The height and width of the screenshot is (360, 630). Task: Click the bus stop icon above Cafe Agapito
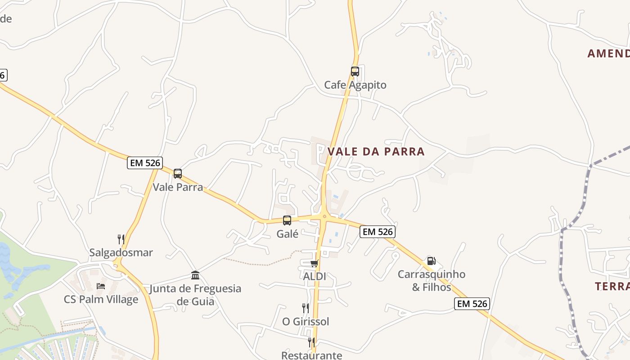pos(355,72)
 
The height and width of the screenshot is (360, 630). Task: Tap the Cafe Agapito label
pos(355,85)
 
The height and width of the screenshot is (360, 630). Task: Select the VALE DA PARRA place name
pos(376,152)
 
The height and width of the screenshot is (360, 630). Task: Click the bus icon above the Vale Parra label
pos(178,174)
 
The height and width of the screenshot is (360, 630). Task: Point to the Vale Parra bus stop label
pos(178,187)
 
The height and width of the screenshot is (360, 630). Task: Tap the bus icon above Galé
pos(287,220)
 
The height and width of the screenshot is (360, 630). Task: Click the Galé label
pos(287,234)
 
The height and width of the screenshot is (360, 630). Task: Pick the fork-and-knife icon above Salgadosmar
pos(121,239)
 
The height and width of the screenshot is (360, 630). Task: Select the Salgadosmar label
pos(121,252)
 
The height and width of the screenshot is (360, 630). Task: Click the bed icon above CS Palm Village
pos(101,286)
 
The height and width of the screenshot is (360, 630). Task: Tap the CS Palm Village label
pos(101,300)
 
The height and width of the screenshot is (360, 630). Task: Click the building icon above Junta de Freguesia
pos(195,275)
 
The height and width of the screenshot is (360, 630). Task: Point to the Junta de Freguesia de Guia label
pos(195,295)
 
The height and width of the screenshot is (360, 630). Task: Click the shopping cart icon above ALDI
pos(314,263)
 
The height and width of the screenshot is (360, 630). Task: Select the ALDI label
pos(314,276)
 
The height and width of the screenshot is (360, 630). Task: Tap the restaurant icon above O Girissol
pos(306,308)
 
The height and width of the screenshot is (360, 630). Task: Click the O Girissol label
pos(306,322)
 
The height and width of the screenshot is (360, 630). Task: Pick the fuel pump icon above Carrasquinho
pos(431,261)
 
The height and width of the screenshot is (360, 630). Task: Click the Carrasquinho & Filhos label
pos(431,280)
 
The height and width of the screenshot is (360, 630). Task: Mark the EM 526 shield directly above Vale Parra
pos(145,163)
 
